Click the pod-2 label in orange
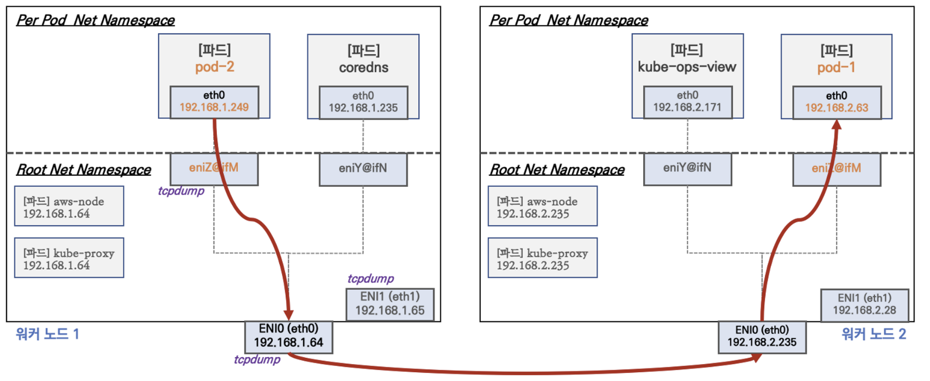tap(215, 67)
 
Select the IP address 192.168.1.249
tap(214, 107)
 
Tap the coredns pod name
tap(364, 68)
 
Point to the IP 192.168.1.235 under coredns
tap(363, 108)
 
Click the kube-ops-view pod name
tap(687, 67)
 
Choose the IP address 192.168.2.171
tap(687, 107)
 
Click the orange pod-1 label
tap(836, 68)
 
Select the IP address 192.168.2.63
tap(837, 108)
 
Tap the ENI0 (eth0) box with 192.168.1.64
tap(288, 337)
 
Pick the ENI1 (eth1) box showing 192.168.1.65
tap(390, 304)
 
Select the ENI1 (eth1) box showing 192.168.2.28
tap(864, 305)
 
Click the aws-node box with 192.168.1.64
tap(69, 206)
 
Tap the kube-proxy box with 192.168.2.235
tap(543, 257)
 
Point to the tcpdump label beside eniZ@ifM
tap(181, 191)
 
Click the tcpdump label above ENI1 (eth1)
tap(371, 278)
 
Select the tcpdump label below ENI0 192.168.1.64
tap(257, 359)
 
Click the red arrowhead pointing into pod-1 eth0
tap(837, 125)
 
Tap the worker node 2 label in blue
tap(874, 334)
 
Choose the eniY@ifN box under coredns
tap(363, 169)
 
